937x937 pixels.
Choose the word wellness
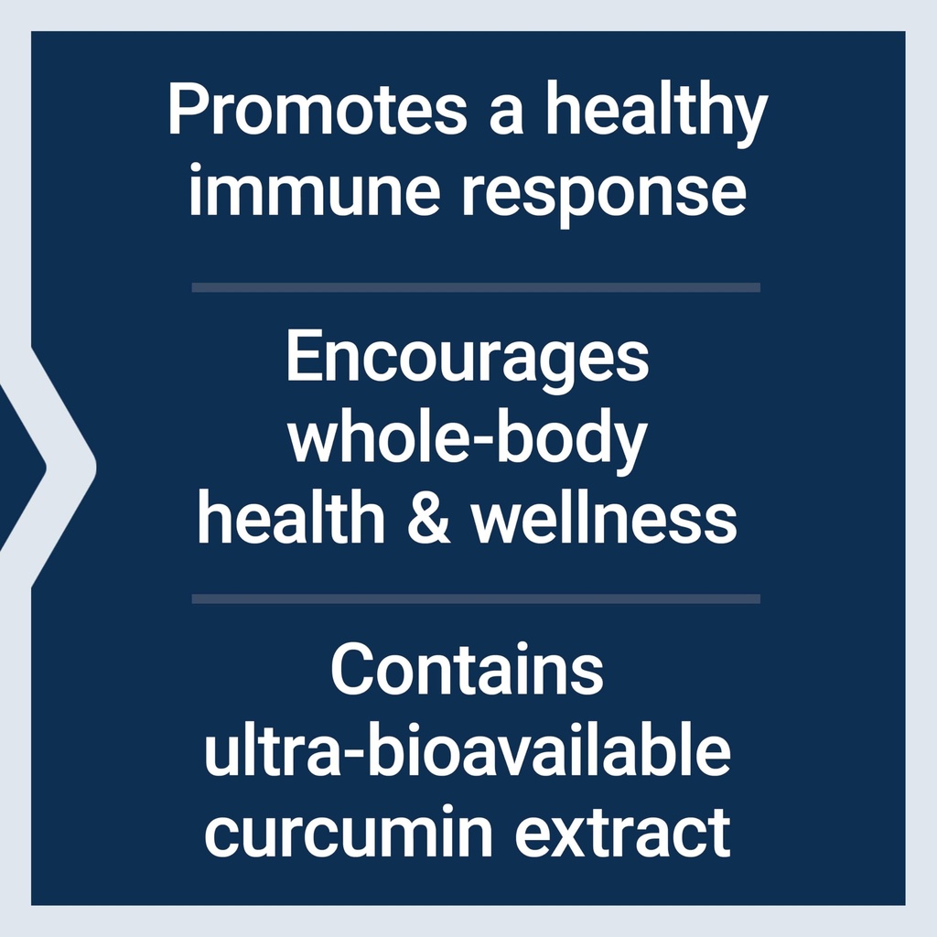[x=604, y=519]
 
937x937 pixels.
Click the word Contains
[x=468, y=671]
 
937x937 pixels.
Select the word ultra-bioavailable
[x=468, y=752]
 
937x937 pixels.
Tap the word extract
[x=624, y=831]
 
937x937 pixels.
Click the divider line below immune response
[x=476, y=287]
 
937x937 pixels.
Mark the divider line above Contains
[x=476, y=599]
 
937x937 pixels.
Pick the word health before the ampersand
[x=290, y=519]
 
